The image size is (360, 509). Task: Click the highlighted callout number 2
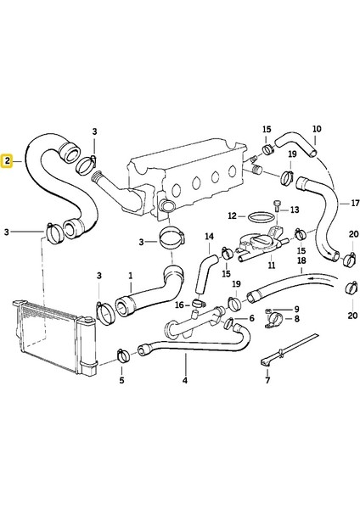7,159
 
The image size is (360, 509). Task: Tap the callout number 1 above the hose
130,275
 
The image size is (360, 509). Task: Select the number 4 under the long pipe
185,381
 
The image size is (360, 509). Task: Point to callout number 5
121,379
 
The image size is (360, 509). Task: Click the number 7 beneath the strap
267,380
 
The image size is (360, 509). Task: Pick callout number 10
316,130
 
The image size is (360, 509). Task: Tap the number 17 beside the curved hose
345,204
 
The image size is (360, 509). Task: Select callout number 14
208,235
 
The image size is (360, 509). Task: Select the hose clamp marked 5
121,353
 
